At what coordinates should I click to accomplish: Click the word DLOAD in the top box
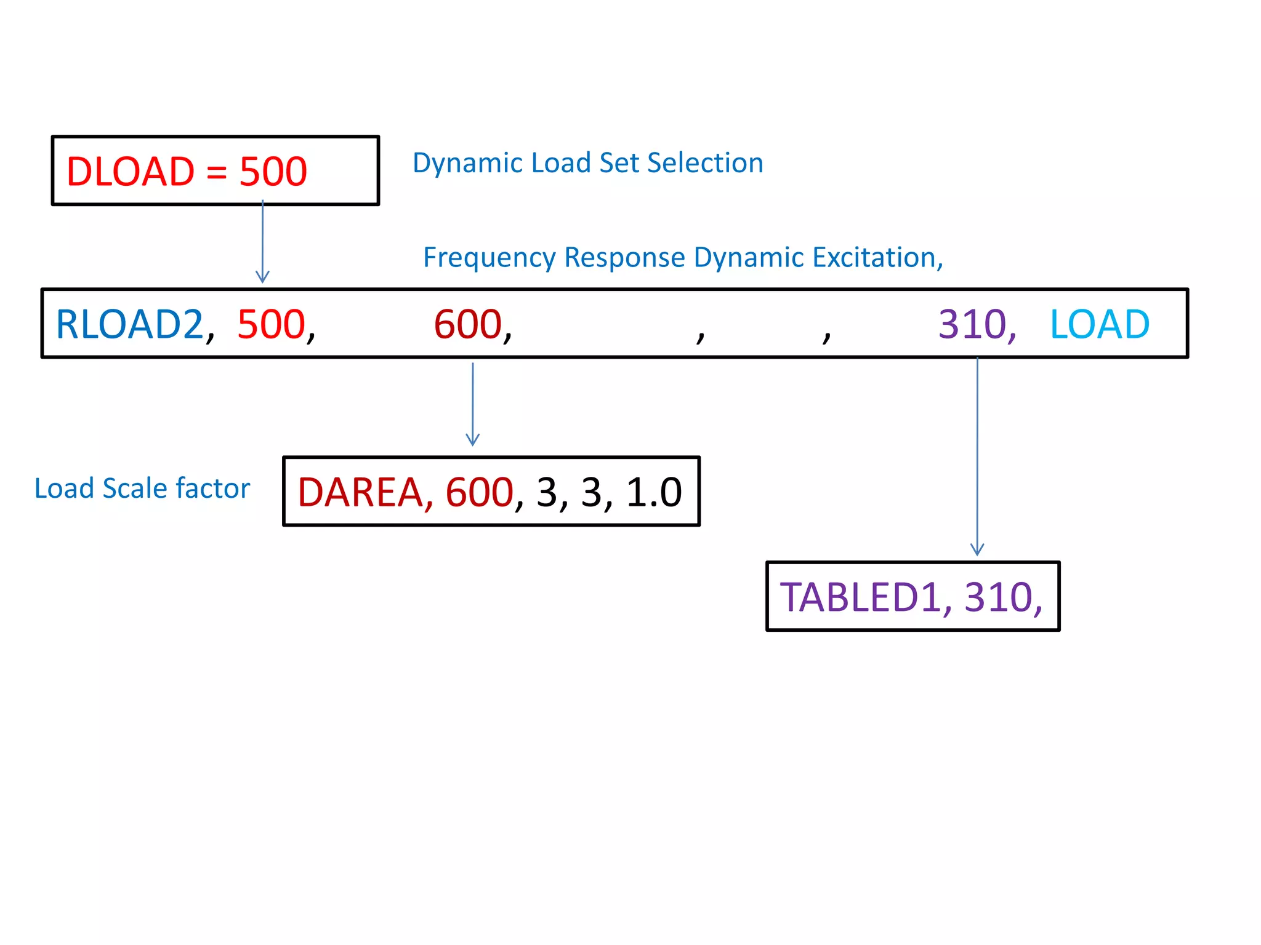[130, 172]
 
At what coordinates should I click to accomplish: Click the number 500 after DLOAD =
[273, 172]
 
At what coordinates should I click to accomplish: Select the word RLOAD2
[129, 324]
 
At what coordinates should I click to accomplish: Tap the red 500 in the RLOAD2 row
[272, 324]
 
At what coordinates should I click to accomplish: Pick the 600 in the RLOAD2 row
[468, 324]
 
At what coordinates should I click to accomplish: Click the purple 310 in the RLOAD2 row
[972, 324]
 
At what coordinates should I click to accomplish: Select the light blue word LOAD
[1100, 324]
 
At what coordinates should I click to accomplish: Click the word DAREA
[360, 493]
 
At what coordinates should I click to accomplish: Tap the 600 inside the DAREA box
[479, 493]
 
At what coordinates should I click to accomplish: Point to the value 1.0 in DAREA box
[654, 493]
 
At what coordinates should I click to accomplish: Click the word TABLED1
[860, 597]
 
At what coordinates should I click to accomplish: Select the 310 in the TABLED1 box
[998, 597]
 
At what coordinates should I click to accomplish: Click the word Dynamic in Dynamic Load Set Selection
[467, 164]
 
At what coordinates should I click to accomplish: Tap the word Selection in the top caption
[705, 164]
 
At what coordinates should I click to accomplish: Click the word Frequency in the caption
[490, 258]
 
